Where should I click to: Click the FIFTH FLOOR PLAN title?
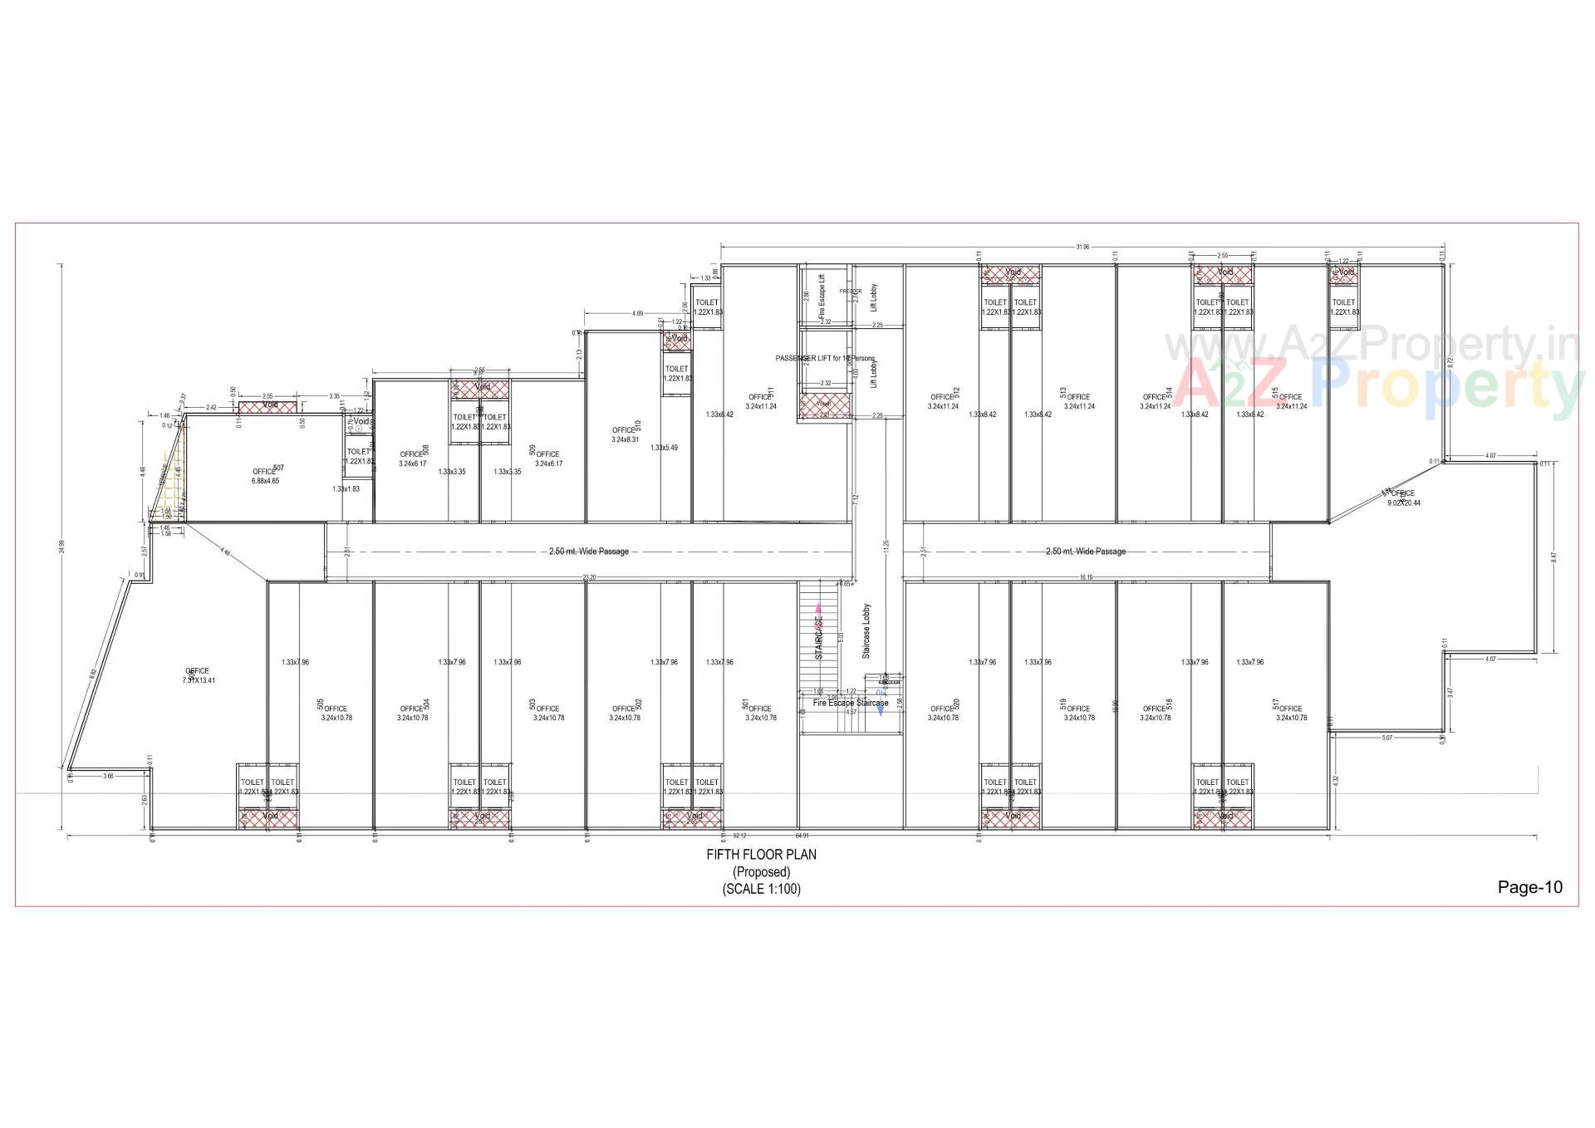coord(761,855)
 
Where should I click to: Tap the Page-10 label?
coord(1529,887)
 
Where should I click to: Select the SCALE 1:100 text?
coord(761,889)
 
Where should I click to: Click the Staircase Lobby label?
coord(866,631)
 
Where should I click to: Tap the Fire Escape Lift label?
coord(822,297)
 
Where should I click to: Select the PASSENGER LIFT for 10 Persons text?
coord(825,358)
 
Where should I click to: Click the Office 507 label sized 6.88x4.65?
coord(265,476)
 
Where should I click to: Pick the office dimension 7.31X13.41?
coord(199,679)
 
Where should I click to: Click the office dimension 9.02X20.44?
coord(1403,503)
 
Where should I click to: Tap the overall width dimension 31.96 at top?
coord(1082,247)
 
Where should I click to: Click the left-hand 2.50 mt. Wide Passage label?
coord(589,552)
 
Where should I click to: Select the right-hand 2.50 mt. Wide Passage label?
coord(1085,552)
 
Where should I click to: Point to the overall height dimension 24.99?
coord(61,548)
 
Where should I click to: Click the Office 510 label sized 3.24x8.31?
coord(625,434)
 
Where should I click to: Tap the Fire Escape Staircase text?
coord(850,703)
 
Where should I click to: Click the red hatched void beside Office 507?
coord(267,406)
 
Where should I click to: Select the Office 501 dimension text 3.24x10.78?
coord(760,718)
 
